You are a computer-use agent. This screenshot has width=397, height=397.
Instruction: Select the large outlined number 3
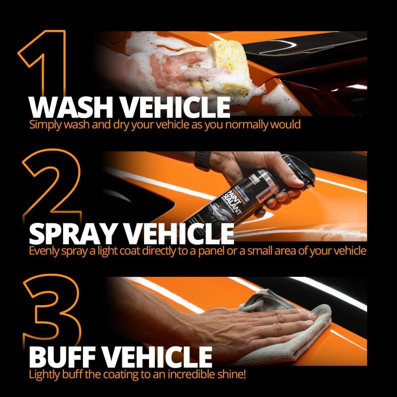[x=50, y=318]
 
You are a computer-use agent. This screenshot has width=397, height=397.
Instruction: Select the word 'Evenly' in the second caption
[x=44, y=251]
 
